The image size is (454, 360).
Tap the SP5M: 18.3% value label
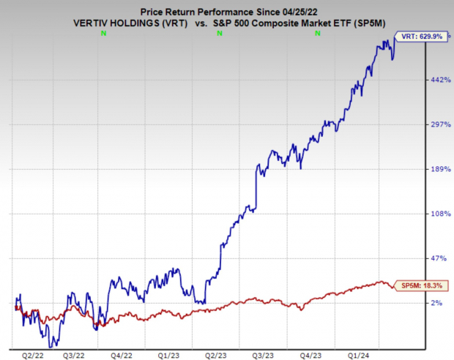pos(418,285)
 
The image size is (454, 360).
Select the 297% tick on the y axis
pos(438,124)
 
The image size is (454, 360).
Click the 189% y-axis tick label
pos(438,169)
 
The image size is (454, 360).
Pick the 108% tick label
pos(438,214)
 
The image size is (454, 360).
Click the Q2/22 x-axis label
pos(31,355)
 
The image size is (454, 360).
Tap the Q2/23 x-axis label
pos(217,355)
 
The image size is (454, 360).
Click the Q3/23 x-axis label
pos(263,355)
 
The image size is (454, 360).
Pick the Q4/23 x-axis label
pos(310,355)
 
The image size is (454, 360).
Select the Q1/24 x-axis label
pos(357,355)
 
